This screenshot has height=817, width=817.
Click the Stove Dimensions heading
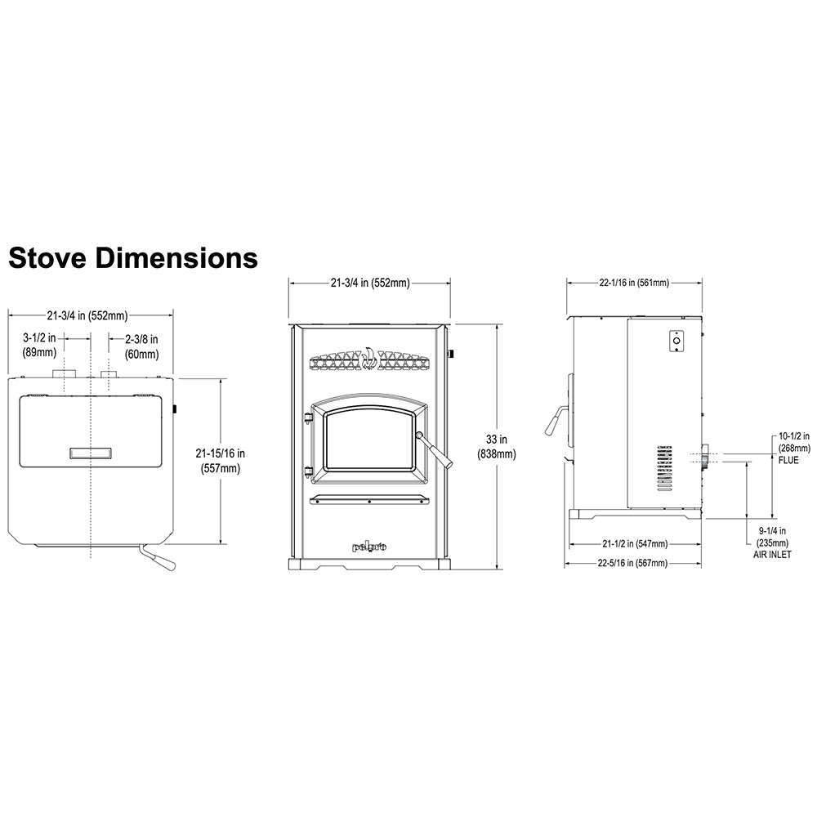pyautogui.click(x=133, y=257)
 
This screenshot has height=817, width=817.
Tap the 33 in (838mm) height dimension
pyautogui.click(x=496, y=447)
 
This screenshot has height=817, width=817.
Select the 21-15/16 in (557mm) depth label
pyautogui.click(x=221, y=461)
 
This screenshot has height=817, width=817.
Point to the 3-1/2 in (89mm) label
pyautogui.click(x=39, y=345)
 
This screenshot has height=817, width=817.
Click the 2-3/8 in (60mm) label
pyautogui.click(x=141, y=346)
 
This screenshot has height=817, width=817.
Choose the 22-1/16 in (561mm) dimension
pyautogui.click(x=634, y=283)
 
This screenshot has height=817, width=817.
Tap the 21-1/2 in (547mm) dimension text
pyautogui.click(x=635, y=543)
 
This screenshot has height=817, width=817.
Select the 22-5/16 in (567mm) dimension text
pyautogui.click(x=632, y=563)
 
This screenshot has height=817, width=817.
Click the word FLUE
pyautogui.click(x=788, y=460)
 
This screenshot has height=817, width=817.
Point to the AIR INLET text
pyautogui.click(x=772, y=555)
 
